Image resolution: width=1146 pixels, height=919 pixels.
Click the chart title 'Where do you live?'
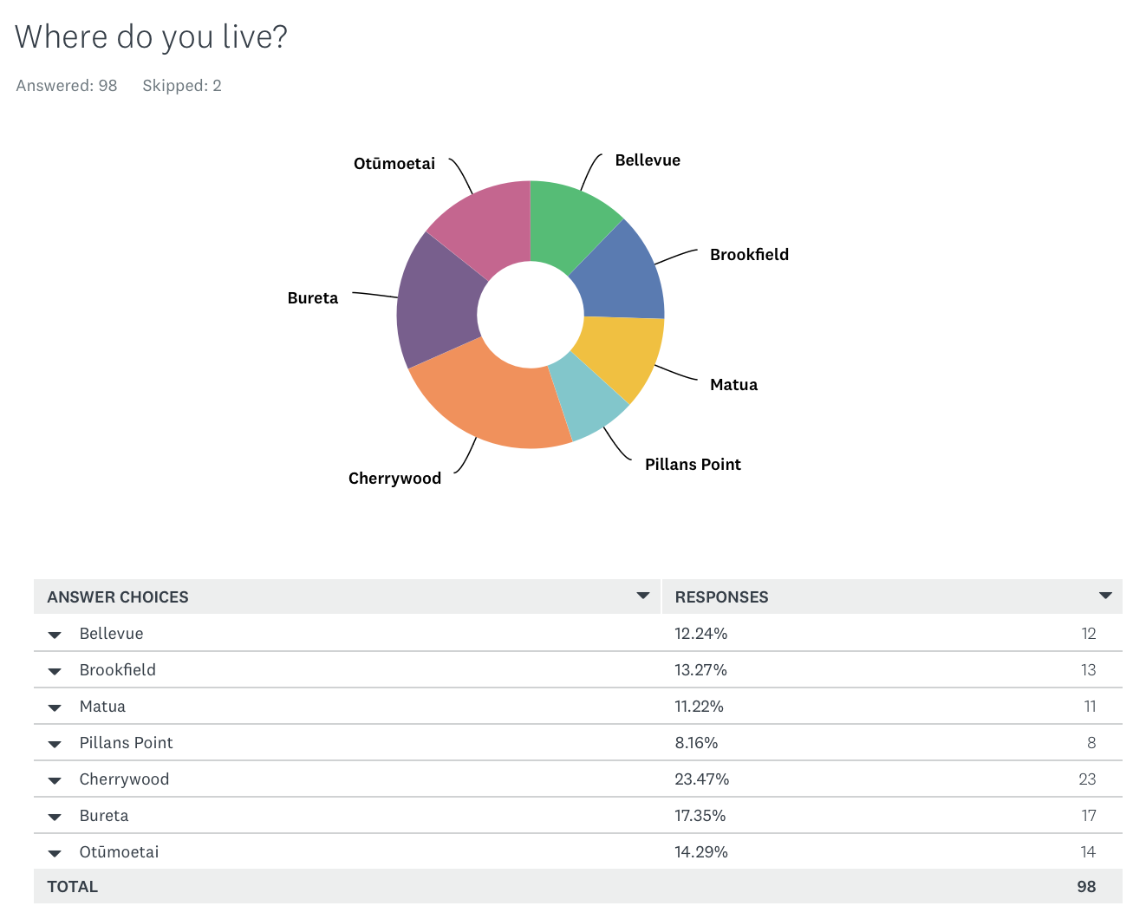tap(151, 37)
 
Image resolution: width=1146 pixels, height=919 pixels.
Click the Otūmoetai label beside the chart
tap(394, 164)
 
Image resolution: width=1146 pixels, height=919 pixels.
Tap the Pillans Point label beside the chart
tap(693, 465)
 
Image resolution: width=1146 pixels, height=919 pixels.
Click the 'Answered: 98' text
tap(67, 86)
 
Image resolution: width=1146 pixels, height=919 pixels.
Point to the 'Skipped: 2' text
tap(182, 86)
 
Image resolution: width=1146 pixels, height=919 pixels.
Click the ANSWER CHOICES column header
tap(118, 597)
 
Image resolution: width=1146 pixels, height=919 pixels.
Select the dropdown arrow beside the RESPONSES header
tap(1105, 596)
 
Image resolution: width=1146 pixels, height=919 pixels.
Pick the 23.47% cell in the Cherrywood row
tap(702, 779)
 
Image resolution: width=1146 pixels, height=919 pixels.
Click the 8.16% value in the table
tap(696, 743)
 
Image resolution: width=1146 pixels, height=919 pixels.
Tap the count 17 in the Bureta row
tap(1089, 816)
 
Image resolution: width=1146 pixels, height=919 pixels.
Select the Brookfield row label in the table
tap(118, 670)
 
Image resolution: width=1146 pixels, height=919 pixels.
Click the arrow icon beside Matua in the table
tap(55, 707)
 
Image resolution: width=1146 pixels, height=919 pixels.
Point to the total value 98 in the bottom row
tap(1086, 887)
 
